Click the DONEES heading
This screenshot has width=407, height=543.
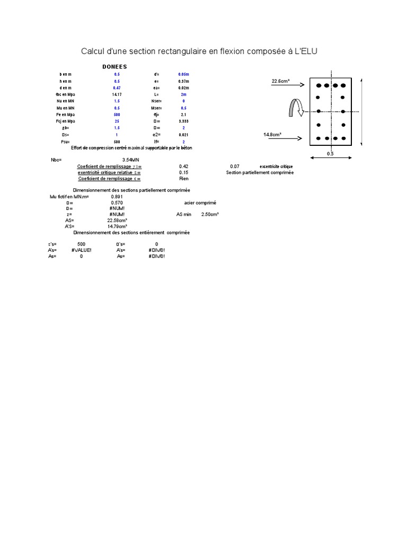(114, 67)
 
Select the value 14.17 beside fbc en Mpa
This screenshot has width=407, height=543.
(117, 94)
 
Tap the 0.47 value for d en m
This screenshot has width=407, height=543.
(117, 87)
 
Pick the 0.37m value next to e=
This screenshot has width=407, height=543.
(183, 81)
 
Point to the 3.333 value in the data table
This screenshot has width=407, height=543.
(183, 121)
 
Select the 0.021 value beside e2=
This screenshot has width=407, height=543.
(183, 135)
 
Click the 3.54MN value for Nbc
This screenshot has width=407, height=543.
(130, 160)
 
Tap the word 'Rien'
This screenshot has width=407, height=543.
(184, 179)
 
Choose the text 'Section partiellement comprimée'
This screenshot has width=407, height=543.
(260, 173)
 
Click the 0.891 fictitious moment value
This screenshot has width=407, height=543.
(117, 197)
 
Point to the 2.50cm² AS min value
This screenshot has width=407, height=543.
(210, 214)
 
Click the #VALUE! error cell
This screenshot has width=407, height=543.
(81, 250)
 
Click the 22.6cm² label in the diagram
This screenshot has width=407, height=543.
(281, 82)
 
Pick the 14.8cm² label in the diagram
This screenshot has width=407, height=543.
(272, 135)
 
